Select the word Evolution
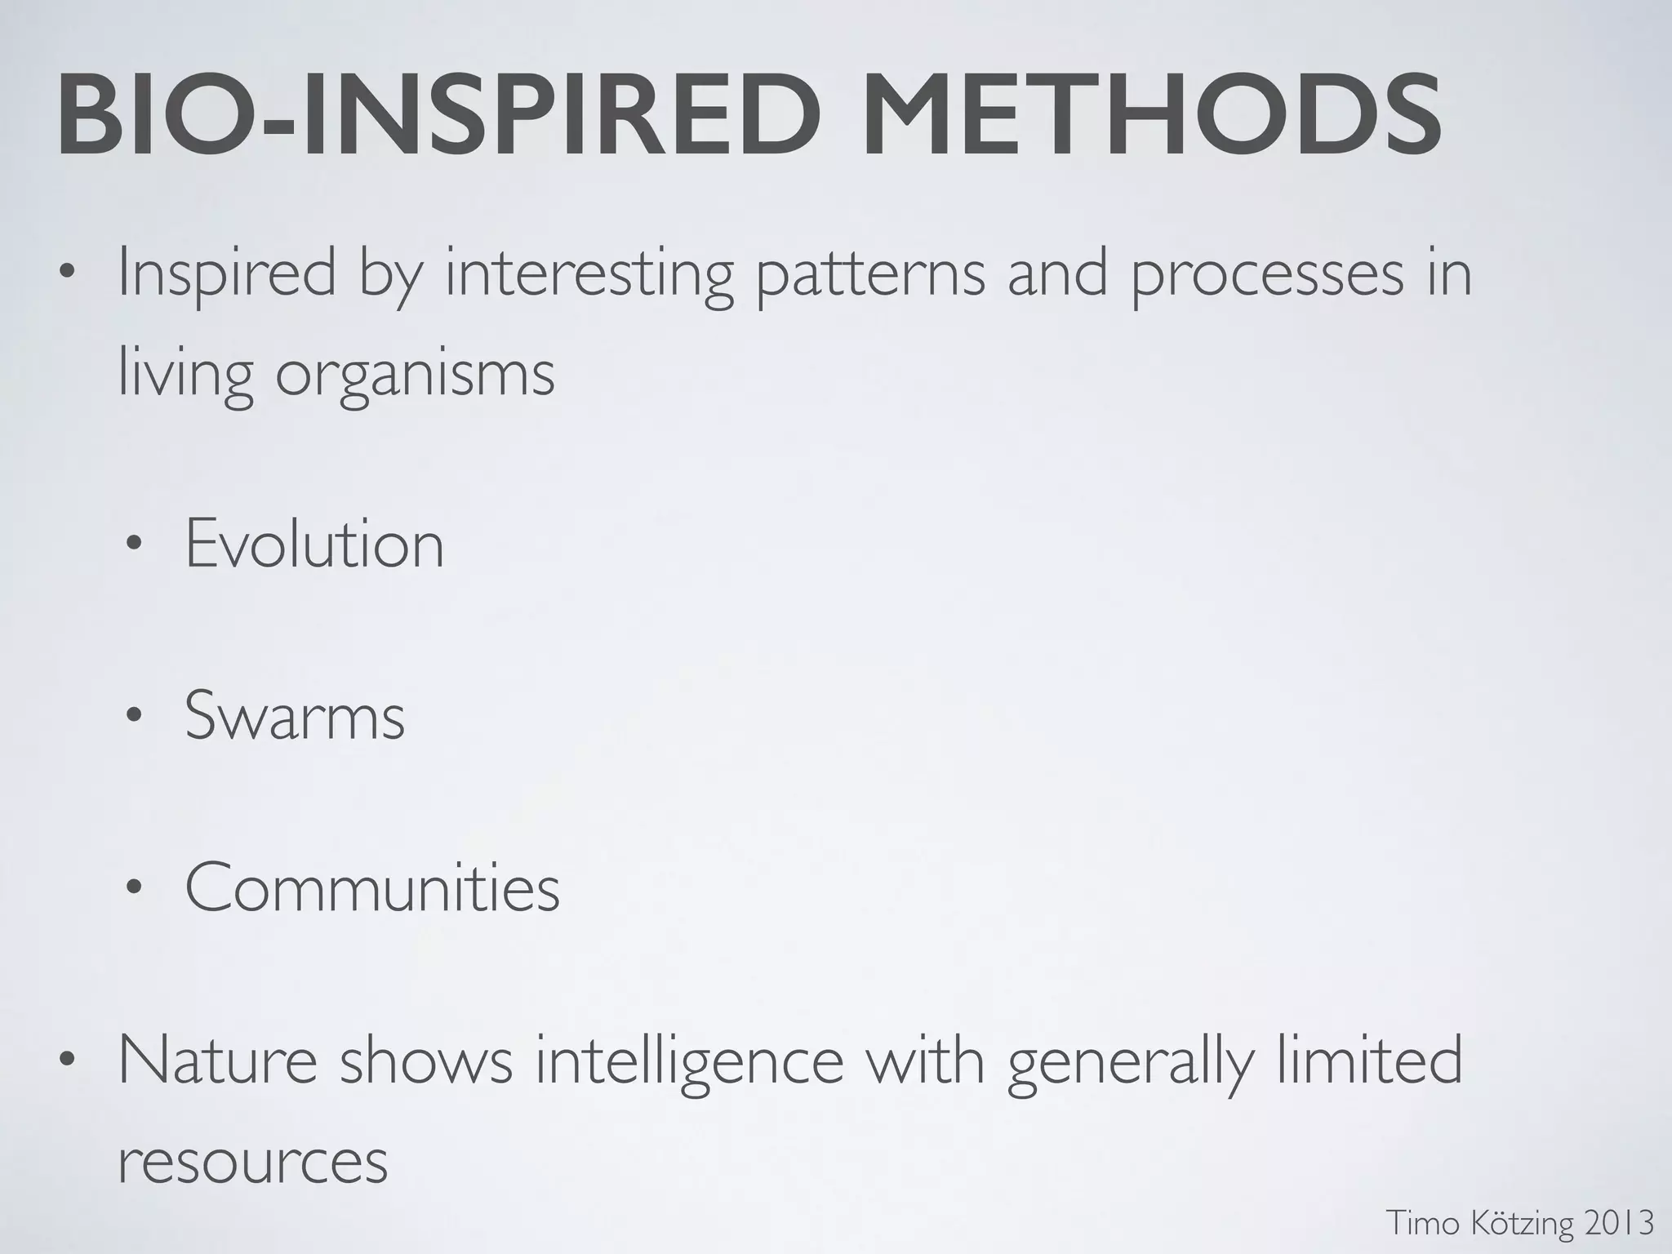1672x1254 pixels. tap(314, 545)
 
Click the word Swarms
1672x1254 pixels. tap(295, 716)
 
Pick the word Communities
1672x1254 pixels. tap(372, 887)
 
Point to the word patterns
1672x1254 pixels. tap(869, 273)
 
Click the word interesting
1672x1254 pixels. tap(589, 273)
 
